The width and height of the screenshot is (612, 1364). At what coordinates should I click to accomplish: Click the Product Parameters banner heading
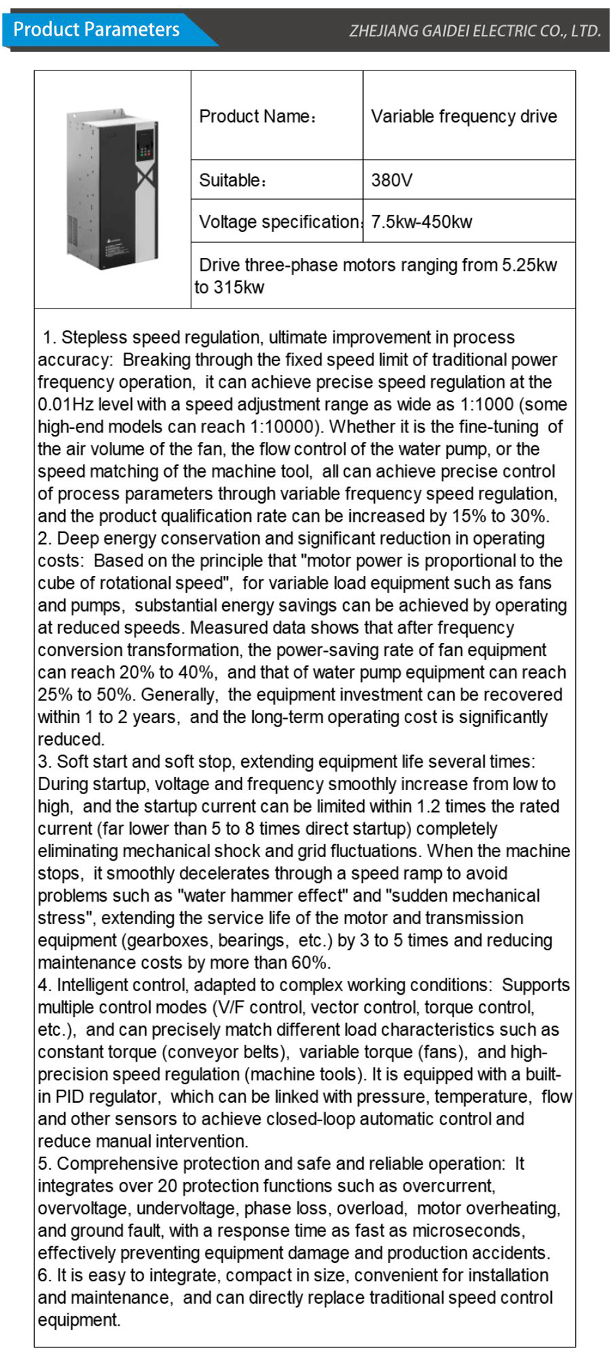coord(96,30)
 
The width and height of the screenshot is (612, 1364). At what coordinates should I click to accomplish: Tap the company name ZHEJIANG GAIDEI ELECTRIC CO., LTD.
coord(475,31)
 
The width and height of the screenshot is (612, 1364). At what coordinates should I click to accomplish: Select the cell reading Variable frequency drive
coord(464,116)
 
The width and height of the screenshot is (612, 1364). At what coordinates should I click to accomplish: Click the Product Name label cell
coord(257,116)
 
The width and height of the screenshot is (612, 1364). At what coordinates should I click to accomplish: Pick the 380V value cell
coord(392,180)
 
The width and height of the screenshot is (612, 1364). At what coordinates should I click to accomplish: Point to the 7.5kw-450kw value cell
coord(421,222)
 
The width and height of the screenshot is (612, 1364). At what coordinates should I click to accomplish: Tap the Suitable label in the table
coord(232,180)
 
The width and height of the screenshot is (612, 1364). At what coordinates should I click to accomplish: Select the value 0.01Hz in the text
coord(62,404)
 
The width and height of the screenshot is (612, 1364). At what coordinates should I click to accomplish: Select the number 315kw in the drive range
coord(239,287)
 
